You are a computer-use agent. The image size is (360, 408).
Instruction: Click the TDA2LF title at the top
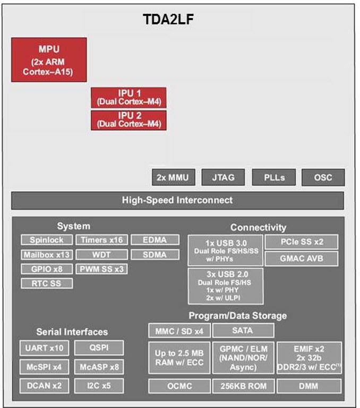click(x=168, y=19)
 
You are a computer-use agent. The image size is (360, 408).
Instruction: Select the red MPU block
click(x=49, y=59)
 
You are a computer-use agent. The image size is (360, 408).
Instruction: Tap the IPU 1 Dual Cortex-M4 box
click(x=128, y=98)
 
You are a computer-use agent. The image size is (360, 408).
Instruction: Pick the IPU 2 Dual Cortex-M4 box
click(x=128, y=120)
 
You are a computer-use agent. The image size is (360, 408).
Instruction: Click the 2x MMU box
click(x=174, y=177)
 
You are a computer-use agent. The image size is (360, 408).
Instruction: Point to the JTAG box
click(x=223, y=177)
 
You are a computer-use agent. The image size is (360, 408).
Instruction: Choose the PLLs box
click(x=274, y=177)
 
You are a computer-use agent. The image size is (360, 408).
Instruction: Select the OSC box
click(x=323, y=177)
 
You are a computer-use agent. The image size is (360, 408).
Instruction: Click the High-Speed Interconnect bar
click(x=177, y=200)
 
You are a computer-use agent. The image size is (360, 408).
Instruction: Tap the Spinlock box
click(x=47, y=240)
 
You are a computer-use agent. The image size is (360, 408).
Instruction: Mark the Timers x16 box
click(x=102, y=240)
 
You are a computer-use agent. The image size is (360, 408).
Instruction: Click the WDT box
click(x=102, y=254)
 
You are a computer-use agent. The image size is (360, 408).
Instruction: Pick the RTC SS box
click(x=47, y=283)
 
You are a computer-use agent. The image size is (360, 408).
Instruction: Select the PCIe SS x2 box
click(x=302, y=242)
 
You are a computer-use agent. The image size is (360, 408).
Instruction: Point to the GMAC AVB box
click(x=302, y=258)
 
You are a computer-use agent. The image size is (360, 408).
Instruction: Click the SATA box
click(x=243, y=330)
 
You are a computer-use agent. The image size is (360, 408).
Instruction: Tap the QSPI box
click(x=99, y=348)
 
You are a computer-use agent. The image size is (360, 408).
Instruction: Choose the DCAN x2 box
click(x=44, y=386)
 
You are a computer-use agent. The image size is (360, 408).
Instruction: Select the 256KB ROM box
click(x=244, y=386)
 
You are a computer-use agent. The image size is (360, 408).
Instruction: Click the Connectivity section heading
click(x=258, y=227)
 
